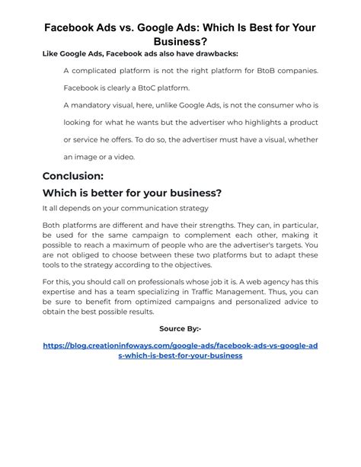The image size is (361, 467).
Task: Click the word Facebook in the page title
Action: click(x=72, y=27)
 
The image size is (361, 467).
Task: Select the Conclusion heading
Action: click(x=73, y=176)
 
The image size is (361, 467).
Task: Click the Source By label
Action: click(x=180, y=328)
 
